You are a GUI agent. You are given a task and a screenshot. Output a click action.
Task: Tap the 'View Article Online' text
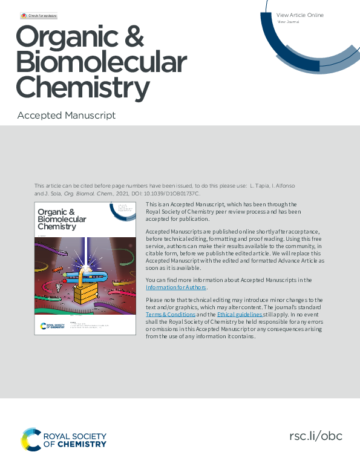pyautogui.click(x=299, y=15)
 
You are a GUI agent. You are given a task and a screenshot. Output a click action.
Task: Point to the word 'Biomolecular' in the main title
pyautogui.click(x=101, y=63)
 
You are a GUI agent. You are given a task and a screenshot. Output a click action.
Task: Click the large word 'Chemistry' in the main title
pyautogui.click(x=82, y=88)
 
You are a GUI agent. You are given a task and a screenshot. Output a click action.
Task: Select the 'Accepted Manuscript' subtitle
pyautogui.click(x=67, y=115)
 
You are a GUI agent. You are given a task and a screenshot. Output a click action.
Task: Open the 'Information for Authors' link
pyautogui.click(x=176, y=287)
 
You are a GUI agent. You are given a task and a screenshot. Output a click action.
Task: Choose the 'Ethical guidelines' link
pyautogui.click(x=240, y=315)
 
